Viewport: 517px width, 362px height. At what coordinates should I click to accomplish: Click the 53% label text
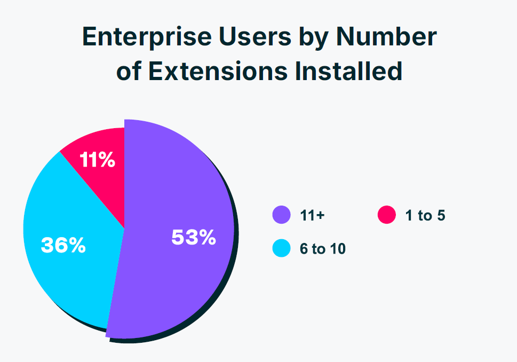(x=193, y=238)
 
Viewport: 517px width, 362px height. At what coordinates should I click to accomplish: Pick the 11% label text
(x=97, y=160)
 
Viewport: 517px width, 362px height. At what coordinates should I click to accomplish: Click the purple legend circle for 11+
(x=281, y=215)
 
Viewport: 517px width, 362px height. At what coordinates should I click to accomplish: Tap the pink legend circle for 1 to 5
(x=386, y=215)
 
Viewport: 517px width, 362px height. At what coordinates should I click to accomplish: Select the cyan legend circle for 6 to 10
(x=281, y=248)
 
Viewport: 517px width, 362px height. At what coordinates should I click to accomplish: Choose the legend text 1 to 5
(x=424, y=216)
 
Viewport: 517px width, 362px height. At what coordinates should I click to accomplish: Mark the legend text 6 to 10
(x=322, y=249)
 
